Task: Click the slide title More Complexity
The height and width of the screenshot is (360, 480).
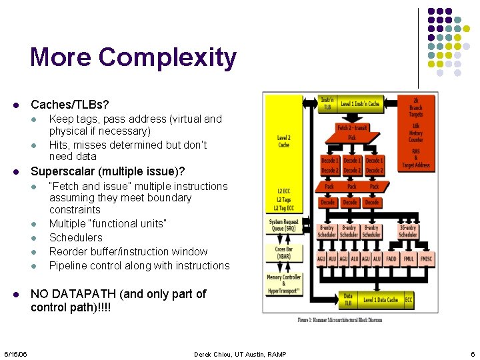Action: (x=133, y=57)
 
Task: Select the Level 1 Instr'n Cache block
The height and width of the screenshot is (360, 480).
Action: (x=360, y=104)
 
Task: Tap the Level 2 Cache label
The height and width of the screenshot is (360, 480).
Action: (x=284, y=141)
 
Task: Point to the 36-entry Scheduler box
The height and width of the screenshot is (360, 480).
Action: (x=407, y=231)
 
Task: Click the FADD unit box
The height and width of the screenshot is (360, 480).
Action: (x=391, y=259)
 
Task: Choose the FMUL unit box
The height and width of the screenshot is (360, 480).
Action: (x=408, y=259)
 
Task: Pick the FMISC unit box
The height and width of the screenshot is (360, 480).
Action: (x=425, y=259)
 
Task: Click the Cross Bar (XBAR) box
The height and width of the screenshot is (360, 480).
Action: (x=284, y=253)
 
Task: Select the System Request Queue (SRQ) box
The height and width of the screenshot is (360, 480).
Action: (x=284, y=226)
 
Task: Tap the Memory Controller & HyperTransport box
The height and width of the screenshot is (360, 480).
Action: (x=284, y=284)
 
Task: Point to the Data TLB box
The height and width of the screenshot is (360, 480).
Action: (x=348, y=300)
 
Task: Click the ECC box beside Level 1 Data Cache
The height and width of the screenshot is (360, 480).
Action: (x=409, y=300)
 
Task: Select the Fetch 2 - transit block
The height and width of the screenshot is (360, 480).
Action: (x=352, y=127)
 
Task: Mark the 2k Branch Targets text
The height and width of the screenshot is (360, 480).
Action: (x=416, y=107)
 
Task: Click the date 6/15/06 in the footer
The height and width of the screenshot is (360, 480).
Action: (x=14, y=354)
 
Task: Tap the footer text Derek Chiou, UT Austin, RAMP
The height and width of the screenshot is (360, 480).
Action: (x=240, y=354)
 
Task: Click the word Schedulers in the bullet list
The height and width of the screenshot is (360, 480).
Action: (x=76, y=237)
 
